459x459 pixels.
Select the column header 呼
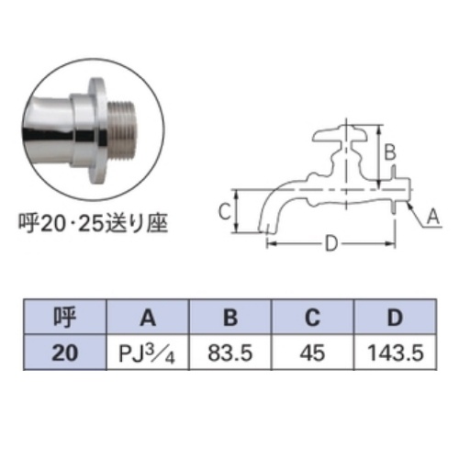click(x=65, y=319)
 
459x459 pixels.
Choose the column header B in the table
click(x=229, y=319)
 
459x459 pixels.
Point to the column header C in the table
click(x=312, y=319)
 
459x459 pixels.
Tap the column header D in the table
click(x=394, y=319)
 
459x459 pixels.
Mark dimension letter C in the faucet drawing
click(x=223, y=212)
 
